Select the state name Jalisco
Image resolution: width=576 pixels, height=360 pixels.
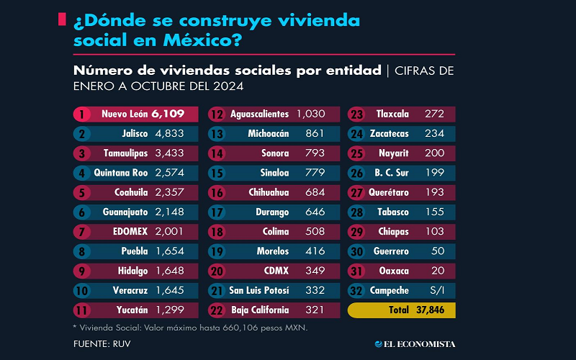pyautogui.click(x=134, y=133)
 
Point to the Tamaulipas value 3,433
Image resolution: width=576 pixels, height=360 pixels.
pyautogui.click(x=170, y=153)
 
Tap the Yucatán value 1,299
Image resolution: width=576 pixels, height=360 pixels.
pyautogui.click(x=170, y=310)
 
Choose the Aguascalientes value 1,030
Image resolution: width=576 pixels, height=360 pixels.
pyautogui.click(x=311, y=114)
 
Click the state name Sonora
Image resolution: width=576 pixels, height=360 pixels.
pyautogui.click(x=275, y=153)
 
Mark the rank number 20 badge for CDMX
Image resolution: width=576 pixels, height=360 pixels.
pyautogui.click(x=217, y=271)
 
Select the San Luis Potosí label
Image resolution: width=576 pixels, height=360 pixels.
pyautogui.click(x=259, y=290)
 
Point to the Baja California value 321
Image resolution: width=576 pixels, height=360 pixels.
pyautogui.click(x=311, y=310)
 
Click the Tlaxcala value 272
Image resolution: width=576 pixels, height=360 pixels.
pyautogui.click(x=434, y=114)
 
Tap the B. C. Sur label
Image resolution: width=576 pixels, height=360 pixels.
pyautogui.click(x=392, y=173)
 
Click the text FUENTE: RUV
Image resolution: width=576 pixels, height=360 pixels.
pyautogui.click(x=102, y=344)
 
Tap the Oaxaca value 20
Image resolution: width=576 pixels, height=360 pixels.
pyautogui.click(x=438, y=271)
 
